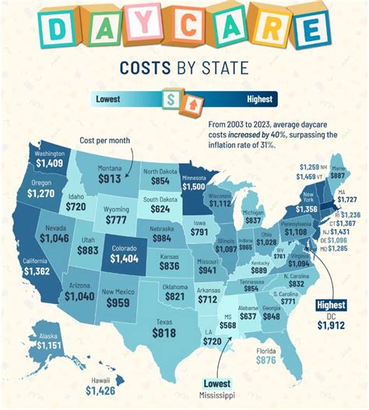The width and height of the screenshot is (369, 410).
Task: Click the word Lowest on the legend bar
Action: [111, 99]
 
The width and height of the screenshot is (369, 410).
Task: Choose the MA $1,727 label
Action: [345, 196]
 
